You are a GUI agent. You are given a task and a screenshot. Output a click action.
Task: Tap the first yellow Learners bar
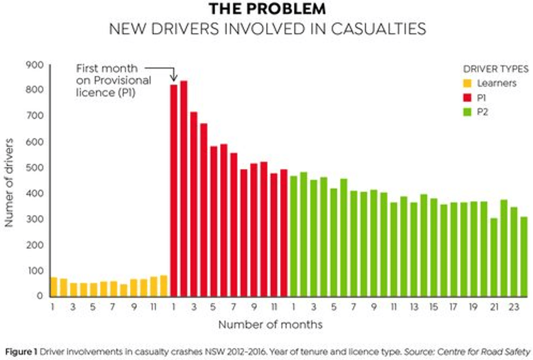pos(54,286)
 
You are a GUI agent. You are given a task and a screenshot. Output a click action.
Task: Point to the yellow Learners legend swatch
pos(467,83)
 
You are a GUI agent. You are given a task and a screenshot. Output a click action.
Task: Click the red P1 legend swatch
pos(467,97)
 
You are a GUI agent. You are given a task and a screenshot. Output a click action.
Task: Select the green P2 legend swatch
pos(467,112)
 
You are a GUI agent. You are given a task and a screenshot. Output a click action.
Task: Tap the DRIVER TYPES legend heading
pos(496,69)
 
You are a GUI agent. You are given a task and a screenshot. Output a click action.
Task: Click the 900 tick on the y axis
pos(36,65)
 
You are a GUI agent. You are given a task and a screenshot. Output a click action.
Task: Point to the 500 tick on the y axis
pos(36,168)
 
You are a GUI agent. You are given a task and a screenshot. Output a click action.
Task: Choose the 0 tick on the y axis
pos(40,296)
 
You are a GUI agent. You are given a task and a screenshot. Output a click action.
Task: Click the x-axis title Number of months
pos(270,324)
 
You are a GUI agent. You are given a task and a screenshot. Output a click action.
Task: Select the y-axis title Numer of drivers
pos(10,180)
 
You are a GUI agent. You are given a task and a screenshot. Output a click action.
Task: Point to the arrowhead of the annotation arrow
pos(174,78)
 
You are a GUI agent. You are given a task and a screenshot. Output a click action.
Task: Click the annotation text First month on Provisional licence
pos(107,82)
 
